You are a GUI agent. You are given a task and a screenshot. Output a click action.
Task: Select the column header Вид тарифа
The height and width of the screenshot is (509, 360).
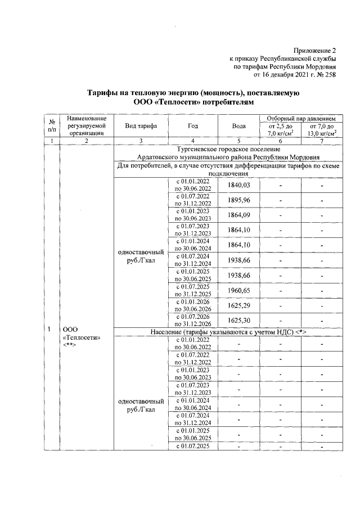pyautogui.click(x=141, y=126)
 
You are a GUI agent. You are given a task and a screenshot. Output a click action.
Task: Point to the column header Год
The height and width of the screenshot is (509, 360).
pyautogui.click(x=193, y=126)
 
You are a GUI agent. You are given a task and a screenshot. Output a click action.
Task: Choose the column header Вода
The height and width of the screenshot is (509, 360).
pyautogui.click(x=238, y=126)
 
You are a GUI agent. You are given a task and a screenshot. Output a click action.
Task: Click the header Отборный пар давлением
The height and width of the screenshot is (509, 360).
pyautogui.click(x=298, y=119)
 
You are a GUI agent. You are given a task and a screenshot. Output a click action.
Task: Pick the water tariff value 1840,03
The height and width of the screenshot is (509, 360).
pyautogui.click(x=238, y=186)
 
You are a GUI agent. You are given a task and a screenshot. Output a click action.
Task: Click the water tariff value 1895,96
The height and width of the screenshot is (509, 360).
pyautogui.click(x=238, y=201)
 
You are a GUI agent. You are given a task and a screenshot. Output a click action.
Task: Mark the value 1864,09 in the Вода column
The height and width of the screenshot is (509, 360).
pyautogui.click(x=238, y=216)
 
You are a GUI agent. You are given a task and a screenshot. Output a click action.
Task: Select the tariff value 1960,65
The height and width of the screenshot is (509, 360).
pyautogui.click(x=238, y=291)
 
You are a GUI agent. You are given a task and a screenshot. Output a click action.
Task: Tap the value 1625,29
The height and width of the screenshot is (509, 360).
pyautogui.click(x=238, y=306)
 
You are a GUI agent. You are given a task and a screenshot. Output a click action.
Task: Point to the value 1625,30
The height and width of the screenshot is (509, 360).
pyautogui.click(x=238, y=321)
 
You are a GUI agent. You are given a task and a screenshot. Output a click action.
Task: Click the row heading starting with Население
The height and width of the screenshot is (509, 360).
pyautogui.click(x=228, y=332)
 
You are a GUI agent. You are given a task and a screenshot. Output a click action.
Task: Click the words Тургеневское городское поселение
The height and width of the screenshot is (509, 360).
pyautogui.click(x=228, y=148)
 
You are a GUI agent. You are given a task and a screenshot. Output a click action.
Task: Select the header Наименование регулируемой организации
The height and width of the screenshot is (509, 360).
pyautogui.click(x=86, y=126)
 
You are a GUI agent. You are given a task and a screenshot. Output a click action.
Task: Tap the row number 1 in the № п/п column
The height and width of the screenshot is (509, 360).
pyautogui.click(x=51, y=328)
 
